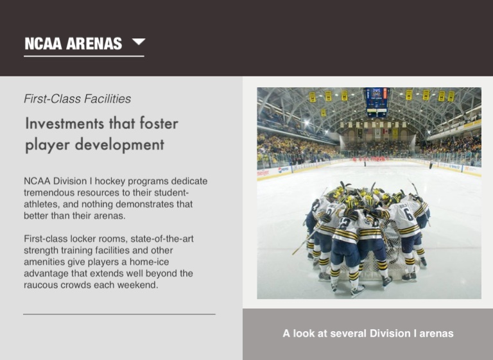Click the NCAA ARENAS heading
click(73, 44)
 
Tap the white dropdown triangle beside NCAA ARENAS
click(139, 42)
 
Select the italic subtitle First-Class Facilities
click(77, 99)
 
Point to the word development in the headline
click(119, 144)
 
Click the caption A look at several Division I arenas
click(368, 333)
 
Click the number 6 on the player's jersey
click(408, 214)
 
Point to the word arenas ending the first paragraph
click(109, 216)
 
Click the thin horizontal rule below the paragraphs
click(119, 314)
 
